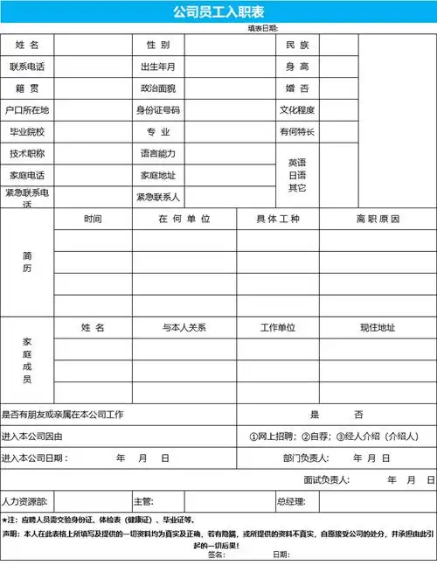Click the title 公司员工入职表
click(x=218, y=11)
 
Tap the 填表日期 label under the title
click(x=263, y=28)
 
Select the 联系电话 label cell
click(x=27, y=66)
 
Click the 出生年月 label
click(x=158, y=66)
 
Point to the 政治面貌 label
click(x=158, y=88)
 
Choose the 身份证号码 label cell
click(x=158, y=110)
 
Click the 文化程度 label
click(x=297, y=110)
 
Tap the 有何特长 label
click(x=297, y=132)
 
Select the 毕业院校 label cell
click(x=27, y=132)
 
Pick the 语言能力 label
click(x=158, y=154)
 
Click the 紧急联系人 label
click(x=158, y=197)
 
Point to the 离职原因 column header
click(x=378, y=219)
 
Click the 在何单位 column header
click(x=184, y=219)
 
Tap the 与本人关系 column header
click(x=184, y=327)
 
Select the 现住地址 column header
click(x=378, y=327)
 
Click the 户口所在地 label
click(x=27, y=110)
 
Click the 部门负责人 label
click(x=305, y=458)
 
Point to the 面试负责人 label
click(x=327, y=479)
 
